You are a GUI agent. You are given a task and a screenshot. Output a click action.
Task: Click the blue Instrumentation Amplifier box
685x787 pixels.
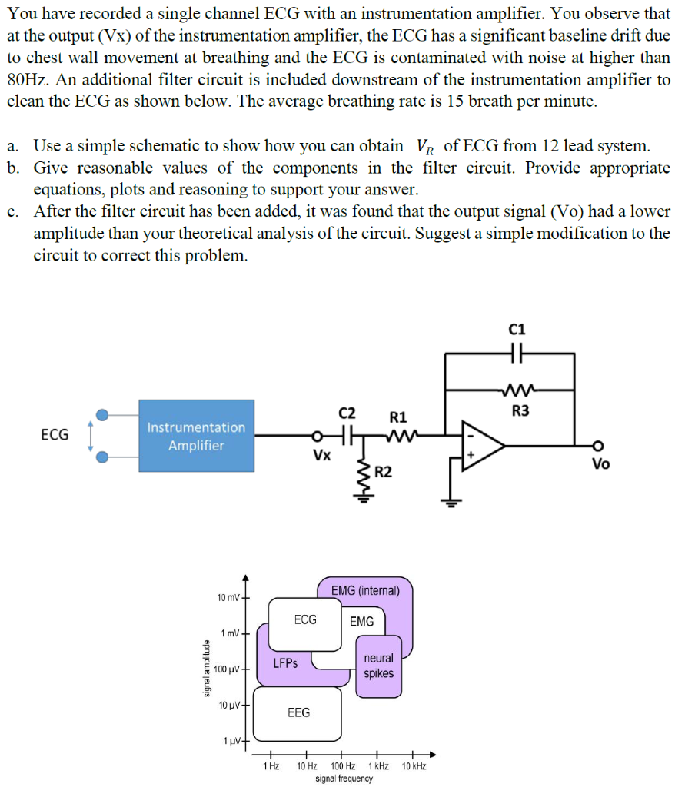click(196, 436)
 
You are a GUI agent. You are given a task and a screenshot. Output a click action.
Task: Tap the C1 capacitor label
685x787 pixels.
click(518, 329)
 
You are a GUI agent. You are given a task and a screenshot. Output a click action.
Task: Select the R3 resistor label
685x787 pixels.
click(520, 410)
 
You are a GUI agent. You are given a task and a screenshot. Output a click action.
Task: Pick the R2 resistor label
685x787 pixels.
click(384, 471)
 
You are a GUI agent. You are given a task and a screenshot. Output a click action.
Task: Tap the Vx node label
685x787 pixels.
click(321, 455)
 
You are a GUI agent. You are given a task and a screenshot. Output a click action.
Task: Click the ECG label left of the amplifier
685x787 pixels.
click(54, 435)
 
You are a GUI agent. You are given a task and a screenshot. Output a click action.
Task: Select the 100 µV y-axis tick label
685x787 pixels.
click(228, 669)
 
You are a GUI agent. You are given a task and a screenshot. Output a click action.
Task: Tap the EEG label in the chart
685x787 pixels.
click(298, 712)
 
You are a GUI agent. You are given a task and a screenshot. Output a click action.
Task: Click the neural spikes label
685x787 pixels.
click(378, 666)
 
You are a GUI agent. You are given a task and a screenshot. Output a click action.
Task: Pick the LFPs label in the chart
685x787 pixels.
click(285, 662)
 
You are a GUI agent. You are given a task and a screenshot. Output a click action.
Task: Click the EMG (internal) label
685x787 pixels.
click(365, 590)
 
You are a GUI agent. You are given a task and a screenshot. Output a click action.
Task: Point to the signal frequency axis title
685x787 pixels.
click(344, 779)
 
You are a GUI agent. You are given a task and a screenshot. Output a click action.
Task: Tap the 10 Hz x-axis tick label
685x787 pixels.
click(307, 766)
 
